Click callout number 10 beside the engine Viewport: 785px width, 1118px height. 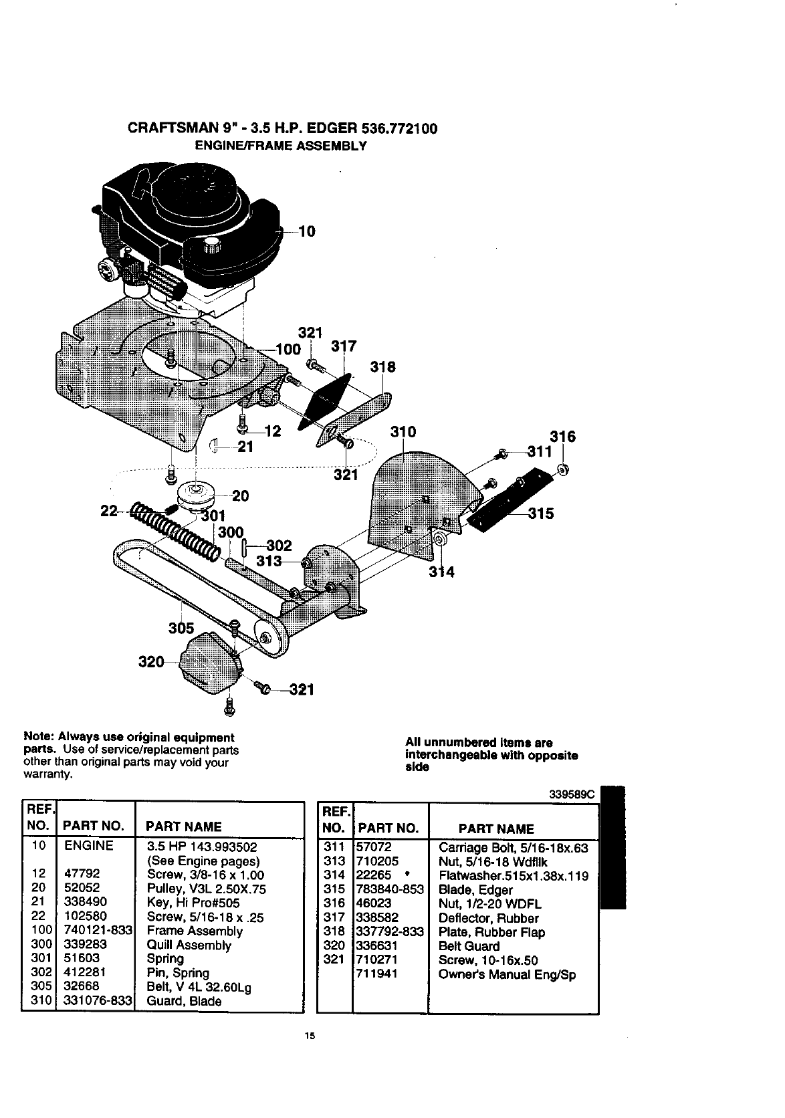306,231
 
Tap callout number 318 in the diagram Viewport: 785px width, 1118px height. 383,367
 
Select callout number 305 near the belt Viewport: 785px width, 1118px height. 181,628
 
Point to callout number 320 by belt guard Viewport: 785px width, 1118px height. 150,662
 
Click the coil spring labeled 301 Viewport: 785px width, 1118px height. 177,528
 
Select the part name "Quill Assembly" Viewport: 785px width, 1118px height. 189,945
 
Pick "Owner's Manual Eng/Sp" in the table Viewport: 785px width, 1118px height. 507,974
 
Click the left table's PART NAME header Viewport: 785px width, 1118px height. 184,826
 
